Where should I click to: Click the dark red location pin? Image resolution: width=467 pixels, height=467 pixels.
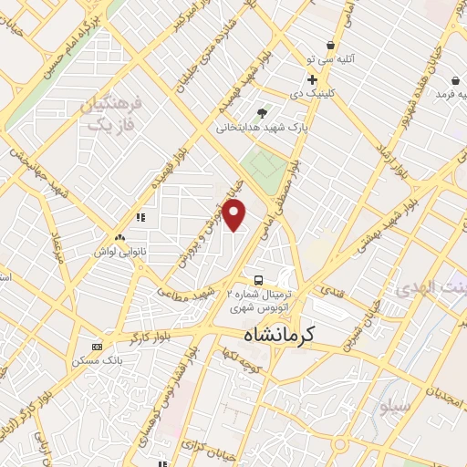234,215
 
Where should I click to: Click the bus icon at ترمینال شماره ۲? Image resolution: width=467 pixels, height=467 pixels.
259,280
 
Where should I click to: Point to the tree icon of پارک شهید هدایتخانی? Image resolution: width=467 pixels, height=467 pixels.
263,113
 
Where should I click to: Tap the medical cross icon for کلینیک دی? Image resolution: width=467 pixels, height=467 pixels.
312,79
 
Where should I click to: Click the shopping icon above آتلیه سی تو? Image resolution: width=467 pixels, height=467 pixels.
330,45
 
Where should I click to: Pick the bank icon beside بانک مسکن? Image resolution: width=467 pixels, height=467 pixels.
98,347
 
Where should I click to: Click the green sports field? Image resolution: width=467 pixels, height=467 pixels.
264,170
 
